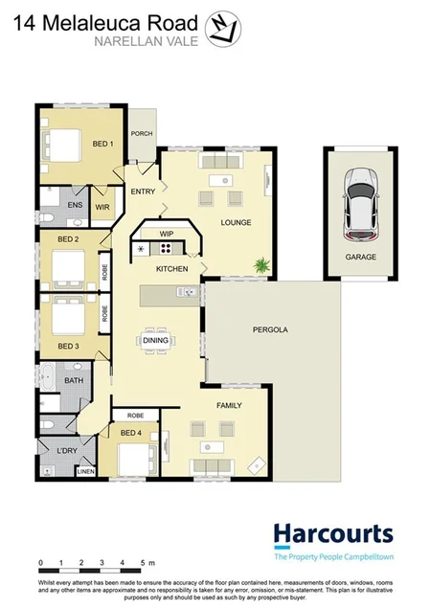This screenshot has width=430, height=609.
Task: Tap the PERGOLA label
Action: click(x=271, y=329)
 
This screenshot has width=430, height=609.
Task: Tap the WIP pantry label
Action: click(x=165, y=233)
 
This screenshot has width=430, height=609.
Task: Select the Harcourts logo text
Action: click(x=332, y=533)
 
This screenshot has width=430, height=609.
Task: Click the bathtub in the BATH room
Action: click(x=49, y=380)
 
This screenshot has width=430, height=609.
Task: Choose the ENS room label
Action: click(x=74, y=205)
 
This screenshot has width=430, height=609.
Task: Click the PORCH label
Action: click(x=142, y=134)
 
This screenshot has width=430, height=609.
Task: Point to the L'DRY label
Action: click(x=67, y=450)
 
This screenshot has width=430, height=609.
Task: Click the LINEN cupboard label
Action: click(x=85, y=472)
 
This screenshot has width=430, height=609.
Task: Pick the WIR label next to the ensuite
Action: click(x=102, y=206)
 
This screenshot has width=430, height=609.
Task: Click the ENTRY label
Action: click(x=143, y=192)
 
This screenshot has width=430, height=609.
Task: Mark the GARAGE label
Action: click(x=360, y=258)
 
